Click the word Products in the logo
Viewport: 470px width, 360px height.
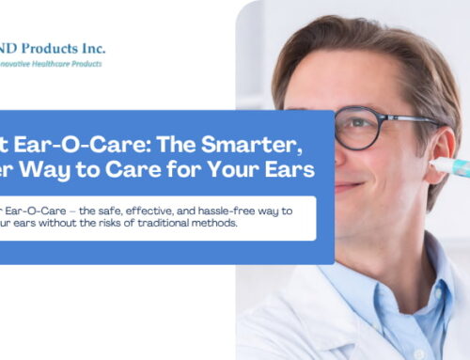pos(58,47)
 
